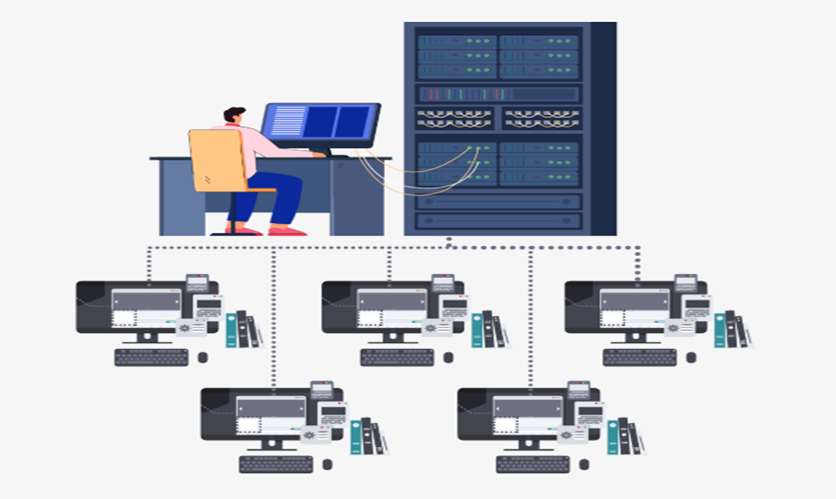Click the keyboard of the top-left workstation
(151, 357)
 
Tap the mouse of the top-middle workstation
(448, 357)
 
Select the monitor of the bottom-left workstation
(257, 413)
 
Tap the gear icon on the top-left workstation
(185, 327)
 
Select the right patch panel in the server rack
(542, 119)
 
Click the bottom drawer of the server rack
(499, 221)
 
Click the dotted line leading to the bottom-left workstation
(274, 320)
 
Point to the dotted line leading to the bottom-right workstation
(531, 320)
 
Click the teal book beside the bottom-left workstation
(356, 437)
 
